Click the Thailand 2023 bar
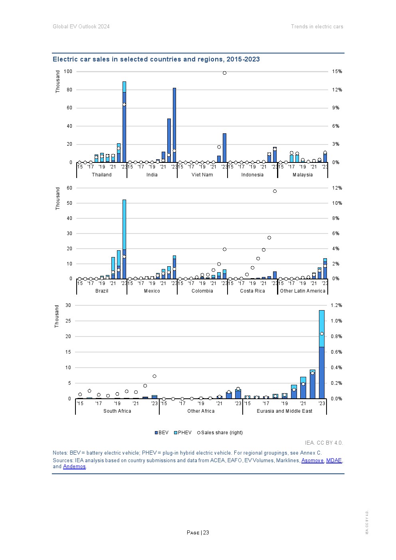tap(124, 122)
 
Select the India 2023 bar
tap(174, 125)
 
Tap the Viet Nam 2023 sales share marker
tap(224, 73)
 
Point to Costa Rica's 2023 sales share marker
tap(275, 191)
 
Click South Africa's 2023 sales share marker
tap(154, 376)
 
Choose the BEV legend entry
tap(162, 432)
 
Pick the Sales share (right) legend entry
tap(220, 432)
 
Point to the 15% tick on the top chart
tap(337, 71)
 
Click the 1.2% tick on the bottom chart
tap(336, 305)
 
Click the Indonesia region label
tap(252, 174)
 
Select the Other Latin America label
tap(303, 291)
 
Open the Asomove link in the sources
tap(312, 460)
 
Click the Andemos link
tap(74, 466)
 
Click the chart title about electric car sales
tap(156, 59)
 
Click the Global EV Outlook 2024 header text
tap(81, 26)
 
